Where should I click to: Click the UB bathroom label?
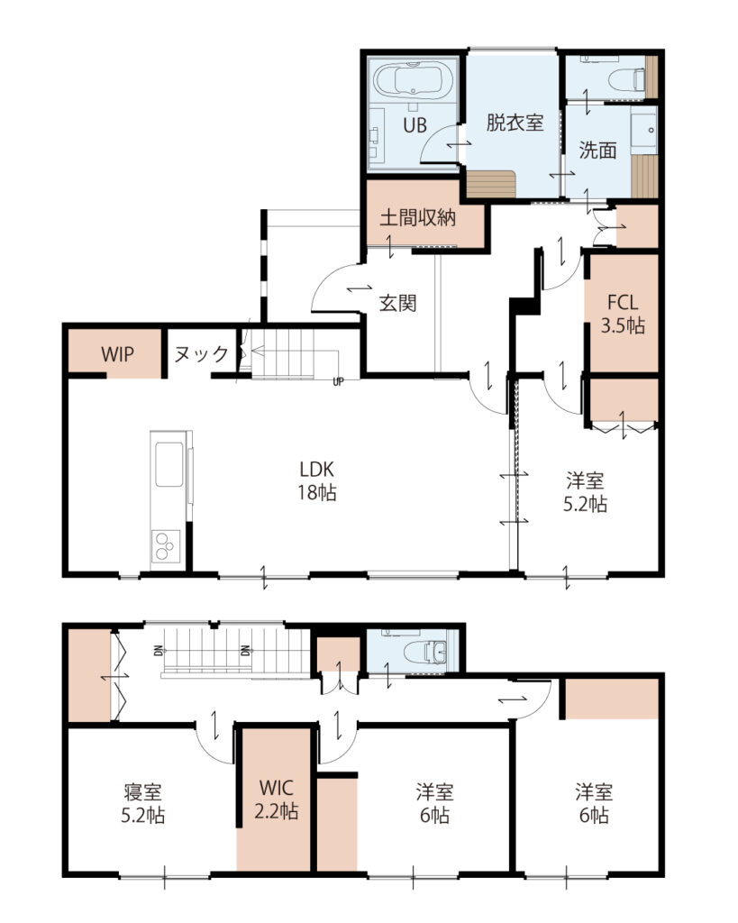point(415,125)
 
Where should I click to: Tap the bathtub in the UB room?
point(413,79)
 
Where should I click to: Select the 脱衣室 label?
point(515,123)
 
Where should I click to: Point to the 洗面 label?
point(597,151)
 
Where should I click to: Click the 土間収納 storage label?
point(417,218)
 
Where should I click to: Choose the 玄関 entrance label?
point(398,303)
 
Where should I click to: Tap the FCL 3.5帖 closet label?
point(623,314)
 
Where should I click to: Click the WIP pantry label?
point(117,354)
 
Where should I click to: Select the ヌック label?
point(201,353)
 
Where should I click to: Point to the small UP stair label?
point(338,381)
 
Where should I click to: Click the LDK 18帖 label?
point(317,480)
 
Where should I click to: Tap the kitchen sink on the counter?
point(169,464)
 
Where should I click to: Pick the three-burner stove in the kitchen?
point(166,545)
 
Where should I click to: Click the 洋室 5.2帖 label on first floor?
point(585,492)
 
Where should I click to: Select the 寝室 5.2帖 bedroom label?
point(143,803)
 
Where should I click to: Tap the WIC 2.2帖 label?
point(277,799)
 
